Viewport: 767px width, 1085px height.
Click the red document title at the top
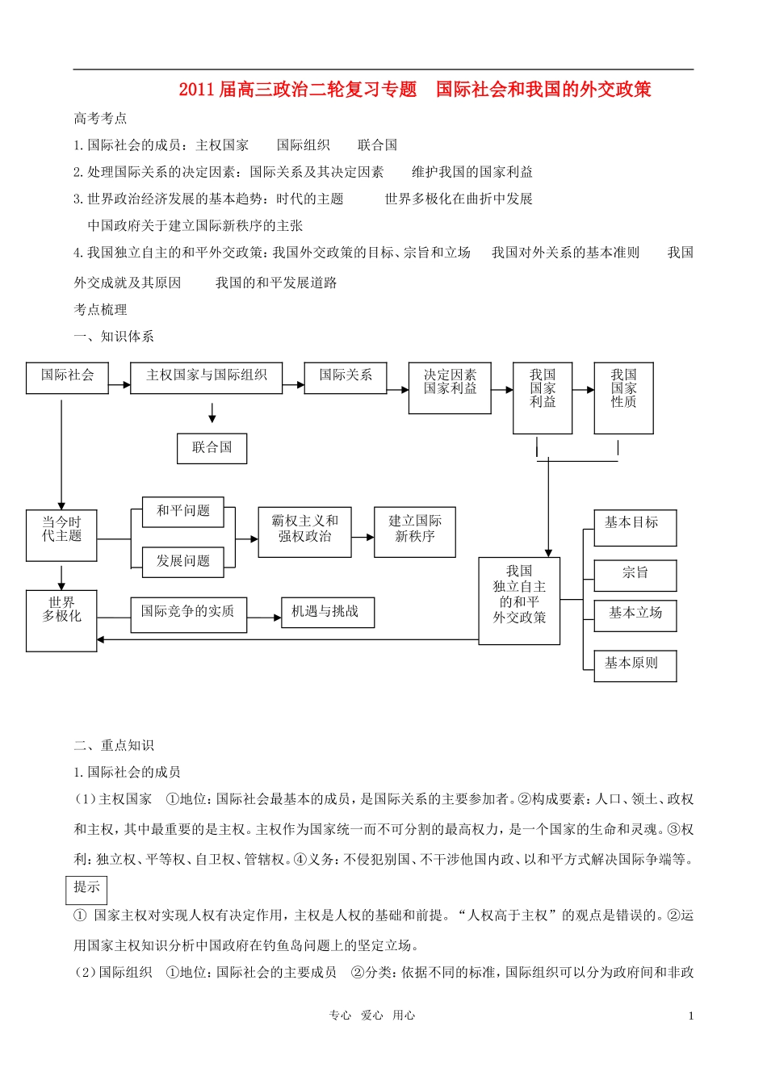[x=415, y=90]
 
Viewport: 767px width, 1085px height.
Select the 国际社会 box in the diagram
[x=67, y=377]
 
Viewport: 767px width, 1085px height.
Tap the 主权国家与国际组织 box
[x=206, y=377]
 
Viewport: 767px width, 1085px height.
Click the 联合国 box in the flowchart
[x=212, y=448]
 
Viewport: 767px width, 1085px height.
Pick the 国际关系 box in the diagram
[x=345, y=377]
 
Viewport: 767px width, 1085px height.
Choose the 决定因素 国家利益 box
[x=450, y=387]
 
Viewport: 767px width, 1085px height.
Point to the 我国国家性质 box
[x=623, y=397]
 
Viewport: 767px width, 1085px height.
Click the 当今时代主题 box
[x=61, y=534]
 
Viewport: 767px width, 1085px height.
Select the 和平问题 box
[x=183, y=512]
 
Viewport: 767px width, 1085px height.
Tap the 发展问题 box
[x=183, y=562]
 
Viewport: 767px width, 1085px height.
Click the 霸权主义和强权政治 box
[x=304, y=531]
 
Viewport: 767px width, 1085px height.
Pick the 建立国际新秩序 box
[x=414, y=531]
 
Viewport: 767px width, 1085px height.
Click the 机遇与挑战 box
[x=327, y=613]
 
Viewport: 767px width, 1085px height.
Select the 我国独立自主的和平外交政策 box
[x=519, y=601]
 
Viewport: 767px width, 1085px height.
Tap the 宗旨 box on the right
[x=635, y=575]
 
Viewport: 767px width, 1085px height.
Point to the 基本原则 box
[x=635, y=665]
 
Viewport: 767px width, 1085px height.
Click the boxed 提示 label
[x=86, y=888]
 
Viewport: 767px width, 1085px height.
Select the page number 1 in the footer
[x=691, y=1016]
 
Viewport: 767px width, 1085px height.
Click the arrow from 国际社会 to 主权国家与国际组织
[x=119, y=385]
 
